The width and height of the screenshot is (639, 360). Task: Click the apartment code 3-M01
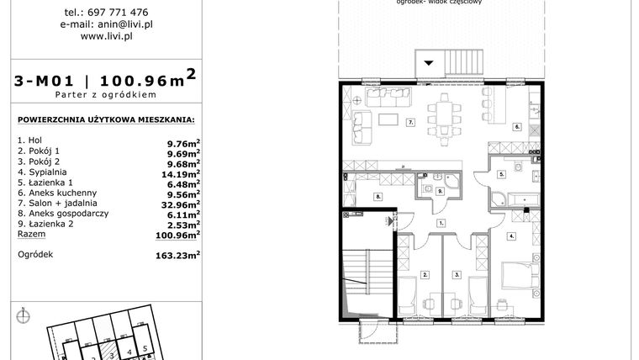click(x=47, y=82)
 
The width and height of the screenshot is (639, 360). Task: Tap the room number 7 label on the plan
click(x=411, y=123)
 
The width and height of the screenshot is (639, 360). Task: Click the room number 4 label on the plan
click(x=511, y=236)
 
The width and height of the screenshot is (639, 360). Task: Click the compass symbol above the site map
click(x=24, y=316)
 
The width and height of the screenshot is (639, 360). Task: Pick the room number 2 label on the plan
click(x=426, y=274)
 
